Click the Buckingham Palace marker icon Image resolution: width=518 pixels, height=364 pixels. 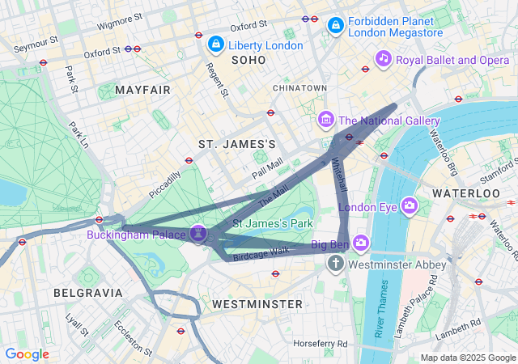199,234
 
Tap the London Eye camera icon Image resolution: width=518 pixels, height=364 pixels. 410,205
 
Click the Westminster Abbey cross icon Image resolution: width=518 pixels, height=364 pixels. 336,264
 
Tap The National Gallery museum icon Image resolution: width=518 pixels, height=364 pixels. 326,121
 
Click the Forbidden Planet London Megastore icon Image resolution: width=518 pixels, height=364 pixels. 334,27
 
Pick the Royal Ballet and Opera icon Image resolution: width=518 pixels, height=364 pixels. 384,58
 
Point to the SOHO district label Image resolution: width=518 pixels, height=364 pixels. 248,61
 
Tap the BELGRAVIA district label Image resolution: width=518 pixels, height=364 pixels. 87,292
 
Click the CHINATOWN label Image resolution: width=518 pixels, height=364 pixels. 299,87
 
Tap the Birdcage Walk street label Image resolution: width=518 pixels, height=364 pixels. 261,253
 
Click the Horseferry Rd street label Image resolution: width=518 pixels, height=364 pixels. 320,344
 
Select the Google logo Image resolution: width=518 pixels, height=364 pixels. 27,354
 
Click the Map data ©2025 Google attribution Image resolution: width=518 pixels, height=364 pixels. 467,358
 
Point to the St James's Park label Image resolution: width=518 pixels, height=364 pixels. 273,222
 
